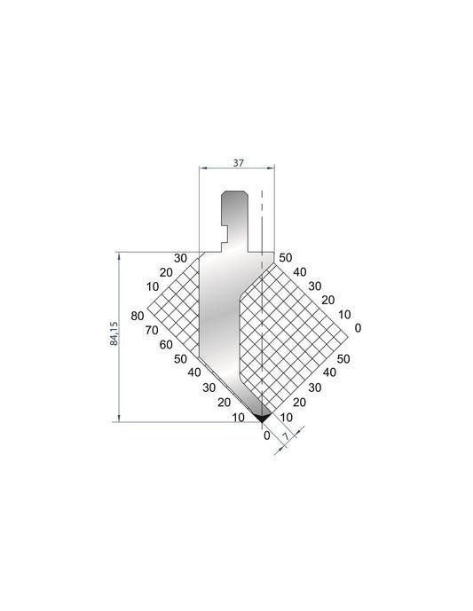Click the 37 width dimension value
pos(238,162)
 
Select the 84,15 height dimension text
pos(114,333)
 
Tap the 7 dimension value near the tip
pos(287,436)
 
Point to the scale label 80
pos(138,316)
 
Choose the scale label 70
pos(152,331)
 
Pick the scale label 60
pos(166,344)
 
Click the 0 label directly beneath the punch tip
pos(267,435)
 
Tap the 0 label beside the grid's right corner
pos(358,328)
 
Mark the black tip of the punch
pos(262,417)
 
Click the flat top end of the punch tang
pos(233,192)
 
